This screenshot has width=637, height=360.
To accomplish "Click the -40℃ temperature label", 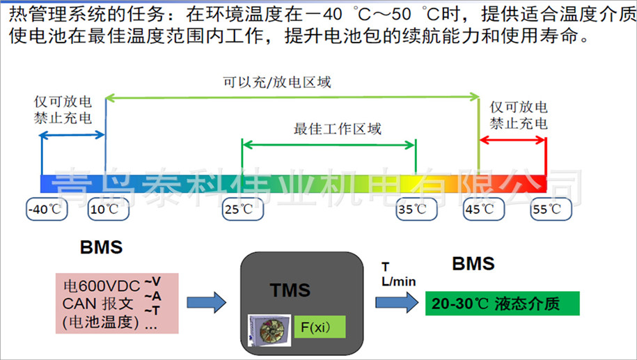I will pyautogui.click(x=43, y=209).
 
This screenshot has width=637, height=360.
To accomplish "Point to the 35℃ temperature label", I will pyautogui.click(x=416, y=209).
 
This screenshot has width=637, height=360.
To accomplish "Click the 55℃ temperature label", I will pyautogui.click(x=545, y=209).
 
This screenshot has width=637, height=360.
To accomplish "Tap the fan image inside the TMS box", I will pyautogui.click(x=269, y=329).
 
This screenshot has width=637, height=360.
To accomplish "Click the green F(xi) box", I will pyautogui.click(x=319, y=326).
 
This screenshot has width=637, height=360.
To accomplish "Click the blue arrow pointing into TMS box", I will pyautogui.click(x=207, y=302).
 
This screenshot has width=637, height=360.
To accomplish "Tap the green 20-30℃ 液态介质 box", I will pyautogui.click(x=502, y=304).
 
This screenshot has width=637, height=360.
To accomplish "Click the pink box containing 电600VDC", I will pyautogui.click(x=118, y=302).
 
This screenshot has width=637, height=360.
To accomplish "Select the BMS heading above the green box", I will pyautogui.click(x=473, y=264).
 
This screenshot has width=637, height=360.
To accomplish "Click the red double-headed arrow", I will pyautogui.click(x=512, y=141).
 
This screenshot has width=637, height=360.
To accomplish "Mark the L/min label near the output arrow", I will pyautogui.click(x=398, y=281).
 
